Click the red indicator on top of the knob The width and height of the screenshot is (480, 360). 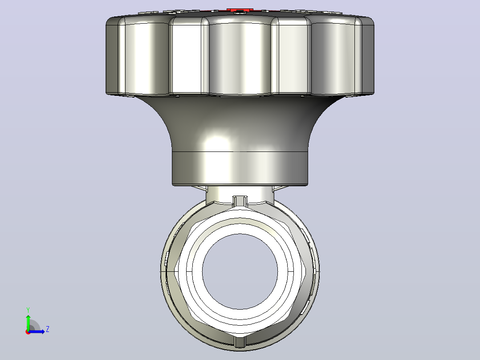[240, 11]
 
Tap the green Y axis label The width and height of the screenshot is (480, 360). [28, 310]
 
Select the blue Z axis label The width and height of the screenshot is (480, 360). [48, 329]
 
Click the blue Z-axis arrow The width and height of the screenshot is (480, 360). [37, 331]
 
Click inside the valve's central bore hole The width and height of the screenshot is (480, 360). [240, 271]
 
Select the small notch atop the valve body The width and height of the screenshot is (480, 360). [240, 201]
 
